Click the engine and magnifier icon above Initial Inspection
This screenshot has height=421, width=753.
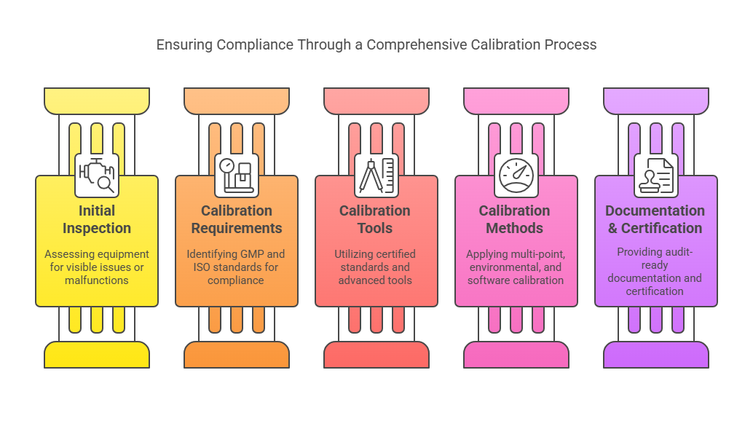[97, 176]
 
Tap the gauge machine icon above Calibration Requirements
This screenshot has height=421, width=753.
[237, 176]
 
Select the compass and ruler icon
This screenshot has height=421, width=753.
[376, 176]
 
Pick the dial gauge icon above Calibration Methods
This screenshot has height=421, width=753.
[516, 176]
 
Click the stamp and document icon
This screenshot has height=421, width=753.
[656, 176]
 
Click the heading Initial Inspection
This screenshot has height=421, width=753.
[97, 219]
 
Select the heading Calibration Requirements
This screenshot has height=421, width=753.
[237, 219]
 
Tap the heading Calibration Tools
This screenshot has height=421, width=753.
[376, 219]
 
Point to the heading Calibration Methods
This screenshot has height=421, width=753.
[516, 219]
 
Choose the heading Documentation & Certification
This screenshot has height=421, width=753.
[655, 219]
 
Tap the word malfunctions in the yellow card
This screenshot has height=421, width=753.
[97, 280]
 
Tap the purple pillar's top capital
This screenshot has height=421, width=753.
[656, 101]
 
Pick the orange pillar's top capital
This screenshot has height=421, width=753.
[237, 101]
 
